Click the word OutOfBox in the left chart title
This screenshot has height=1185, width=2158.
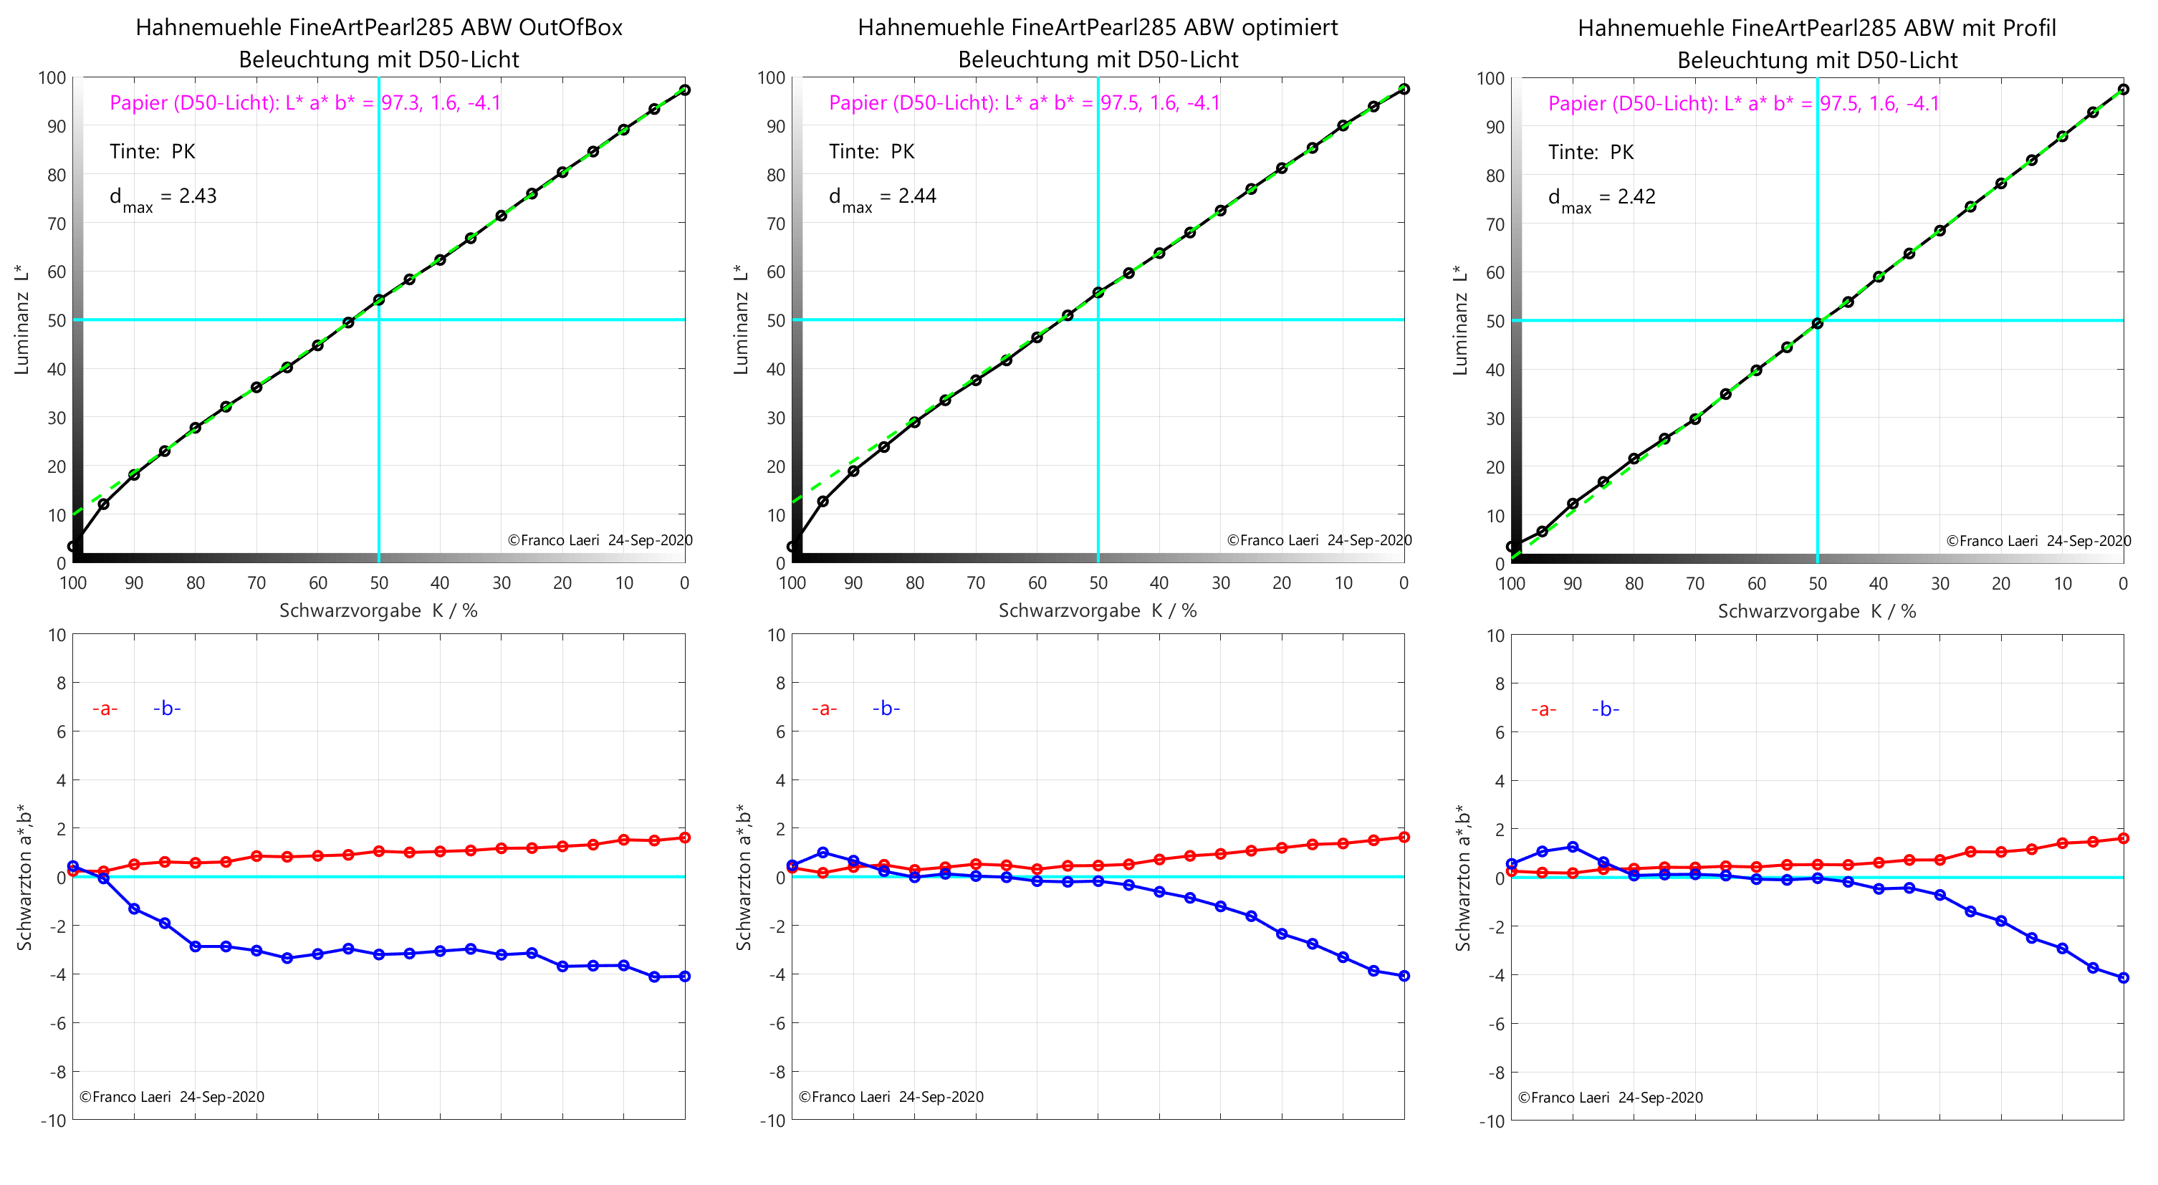coord(570,28)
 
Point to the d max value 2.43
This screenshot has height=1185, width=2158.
coord(198,196)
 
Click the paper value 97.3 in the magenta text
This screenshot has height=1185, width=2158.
coord(401,103)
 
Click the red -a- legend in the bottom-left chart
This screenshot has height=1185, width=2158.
coord(105,709)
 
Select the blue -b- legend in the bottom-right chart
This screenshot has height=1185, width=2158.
coord(1605,709)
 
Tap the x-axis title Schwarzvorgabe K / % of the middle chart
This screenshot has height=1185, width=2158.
coord(1098,610)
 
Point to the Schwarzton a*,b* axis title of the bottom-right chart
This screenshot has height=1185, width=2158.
coord(1463,878)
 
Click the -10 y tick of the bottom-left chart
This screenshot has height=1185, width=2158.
coord(54,1121)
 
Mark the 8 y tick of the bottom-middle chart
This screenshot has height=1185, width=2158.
coord(779,683)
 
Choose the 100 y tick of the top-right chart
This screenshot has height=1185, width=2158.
coord(1491,79)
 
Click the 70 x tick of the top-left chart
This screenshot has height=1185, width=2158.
coord(256,583)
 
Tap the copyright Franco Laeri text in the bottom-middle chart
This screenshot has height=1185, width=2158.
coord(891,1097)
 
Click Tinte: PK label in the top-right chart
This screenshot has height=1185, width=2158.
coord(1590,153)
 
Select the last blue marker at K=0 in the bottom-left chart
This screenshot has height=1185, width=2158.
coord(684,977)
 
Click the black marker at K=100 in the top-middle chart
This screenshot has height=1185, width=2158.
coord(792,547)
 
